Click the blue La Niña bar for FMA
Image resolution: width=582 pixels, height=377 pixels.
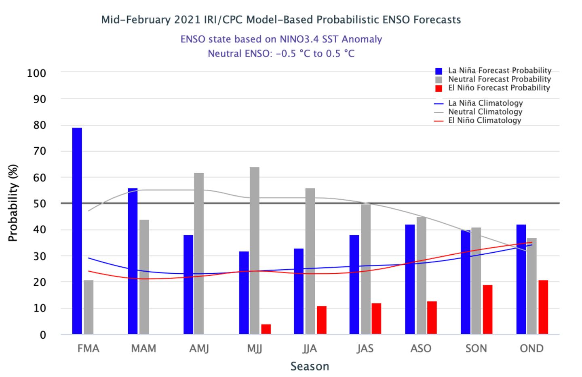pos(77,231)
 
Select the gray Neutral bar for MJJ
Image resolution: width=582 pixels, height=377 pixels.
pos(255,250)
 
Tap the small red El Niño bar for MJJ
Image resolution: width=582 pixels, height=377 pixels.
pos(266,329)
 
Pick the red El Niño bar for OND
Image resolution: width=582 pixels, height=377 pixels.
pos(543,307)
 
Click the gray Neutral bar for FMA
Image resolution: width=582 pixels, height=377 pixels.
pos(89,307)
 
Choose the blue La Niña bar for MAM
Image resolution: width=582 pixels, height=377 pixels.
pos(133,261)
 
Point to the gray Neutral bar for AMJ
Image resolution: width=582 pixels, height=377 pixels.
pos(199,253)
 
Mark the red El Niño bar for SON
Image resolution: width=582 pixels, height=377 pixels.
pos(487,310)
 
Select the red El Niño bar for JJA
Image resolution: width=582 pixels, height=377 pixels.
pos(322,320)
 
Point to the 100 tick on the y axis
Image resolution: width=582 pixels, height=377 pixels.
pos(36,73)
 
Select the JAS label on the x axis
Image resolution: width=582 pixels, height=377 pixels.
pos(365,348)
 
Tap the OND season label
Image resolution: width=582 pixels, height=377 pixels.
pos(531,348)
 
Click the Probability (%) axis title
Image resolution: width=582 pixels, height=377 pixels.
pos(13,203)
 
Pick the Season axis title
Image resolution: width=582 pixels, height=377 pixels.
pos(310,367)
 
